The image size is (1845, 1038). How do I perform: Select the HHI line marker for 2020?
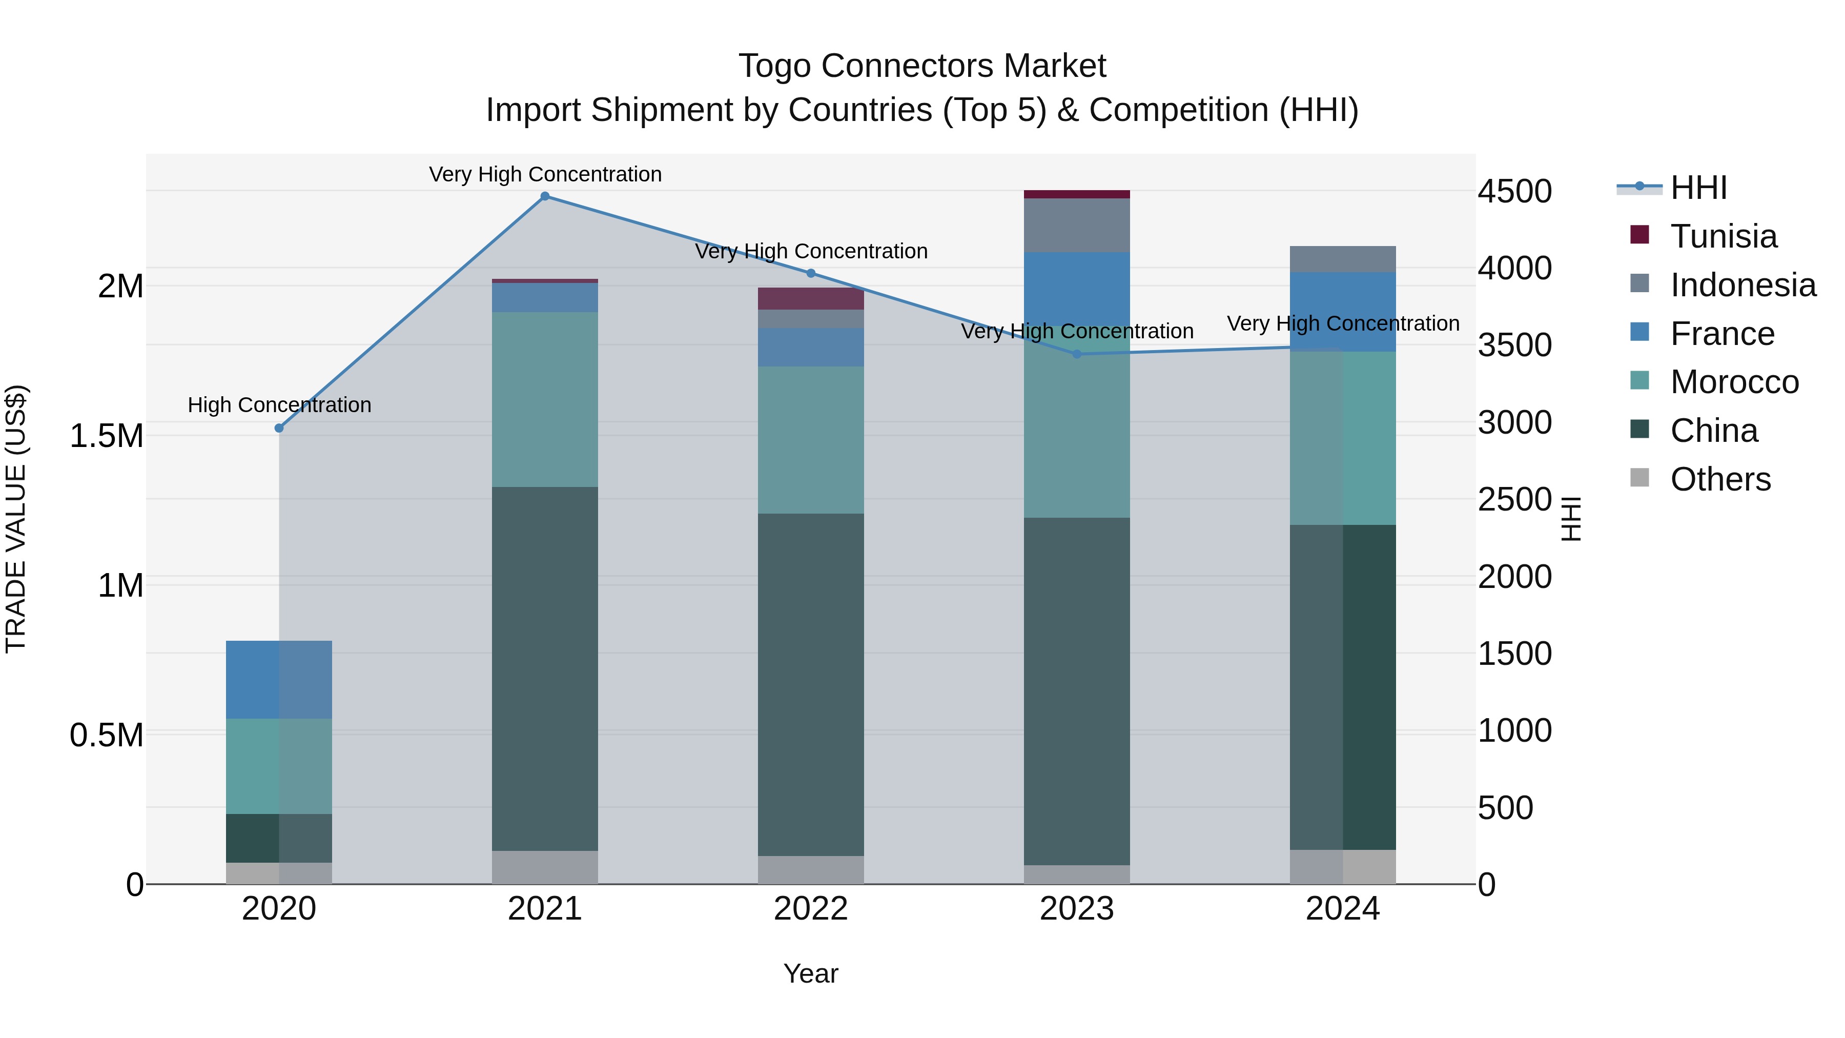279,429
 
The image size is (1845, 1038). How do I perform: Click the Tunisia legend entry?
1723,236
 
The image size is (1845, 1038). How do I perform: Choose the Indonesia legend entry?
1742,285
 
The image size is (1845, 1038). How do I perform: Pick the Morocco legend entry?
1733,382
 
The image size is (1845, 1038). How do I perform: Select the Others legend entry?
1719,479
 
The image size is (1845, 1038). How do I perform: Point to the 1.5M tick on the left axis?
106,436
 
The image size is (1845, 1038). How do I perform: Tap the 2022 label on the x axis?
811,909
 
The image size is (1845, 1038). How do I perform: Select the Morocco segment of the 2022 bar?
811,440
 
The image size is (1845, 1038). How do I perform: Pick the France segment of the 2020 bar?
279,679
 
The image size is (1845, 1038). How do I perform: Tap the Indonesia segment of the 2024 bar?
1343,259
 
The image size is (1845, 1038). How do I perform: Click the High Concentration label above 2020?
279,405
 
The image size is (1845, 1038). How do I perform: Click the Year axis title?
811,973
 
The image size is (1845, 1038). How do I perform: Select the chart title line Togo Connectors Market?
922,66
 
